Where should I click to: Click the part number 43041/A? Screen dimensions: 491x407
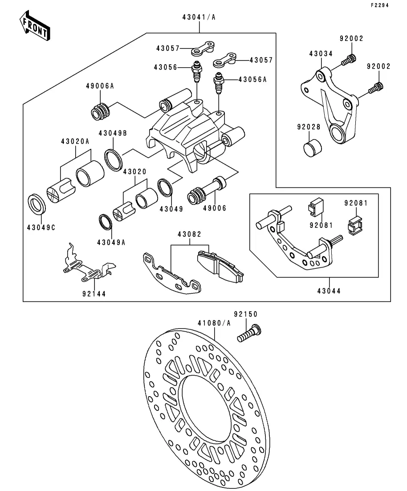pos(198,17)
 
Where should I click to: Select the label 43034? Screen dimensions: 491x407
pos(321,54)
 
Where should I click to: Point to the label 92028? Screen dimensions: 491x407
pos(309,127)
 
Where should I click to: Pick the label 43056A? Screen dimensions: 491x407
pos(252,80)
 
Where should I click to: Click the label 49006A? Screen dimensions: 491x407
pos(100,86)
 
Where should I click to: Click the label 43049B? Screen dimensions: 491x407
pos(113,133)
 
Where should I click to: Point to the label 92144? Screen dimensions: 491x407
pos(94,294)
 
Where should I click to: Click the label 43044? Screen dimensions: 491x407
pos(329,292)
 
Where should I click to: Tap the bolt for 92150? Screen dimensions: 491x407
pos(249,334)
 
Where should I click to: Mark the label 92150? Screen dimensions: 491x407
pos(246,314)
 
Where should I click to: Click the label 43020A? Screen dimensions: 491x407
pos(75,142)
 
